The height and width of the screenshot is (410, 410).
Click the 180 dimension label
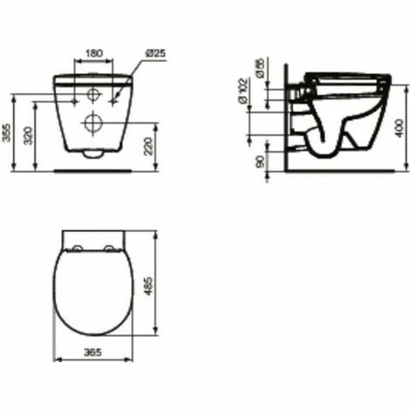click(x=92, y=53)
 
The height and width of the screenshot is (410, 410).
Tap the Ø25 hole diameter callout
click(x=155, y=53)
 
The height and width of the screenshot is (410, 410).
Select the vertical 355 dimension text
click(x=10, y=128)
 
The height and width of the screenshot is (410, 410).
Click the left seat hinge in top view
click(x=79, y=249)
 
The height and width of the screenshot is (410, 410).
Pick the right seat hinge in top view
click(x=110, y=249)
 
